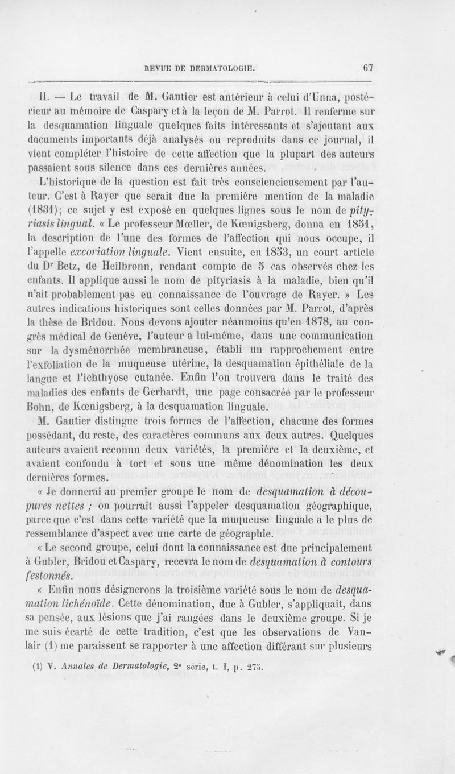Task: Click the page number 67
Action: click(367, 67)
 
